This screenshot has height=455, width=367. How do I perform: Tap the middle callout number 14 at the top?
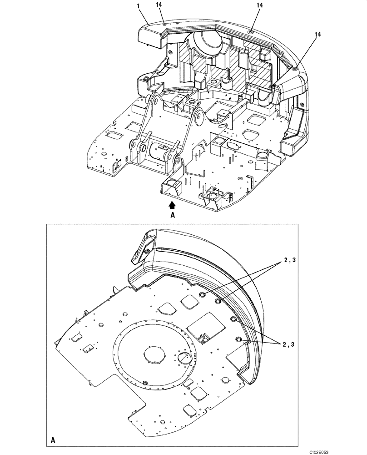[x=259, y=5]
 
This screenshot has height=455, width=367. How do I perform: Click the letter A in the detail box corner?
[x=54, y=440]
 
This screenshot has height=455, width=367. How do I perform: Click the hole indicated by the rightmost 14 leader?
[x=295, y=68]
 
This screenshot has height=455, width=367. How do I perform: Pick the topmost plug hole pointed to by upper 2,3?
[x=202, y=295]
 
